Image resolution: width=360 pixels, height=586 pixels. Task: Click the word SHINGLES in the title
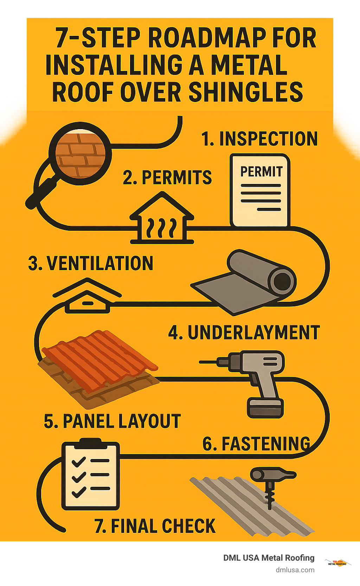tap(246, 92)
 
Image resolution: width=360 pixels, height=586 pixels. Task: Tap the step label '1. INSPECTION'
tap(259, 139)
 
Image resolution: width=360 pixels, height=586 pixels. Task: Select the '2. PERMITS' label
tap(167, 177)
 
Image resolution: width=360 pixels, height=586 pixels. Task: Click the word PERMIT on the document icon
tap(261, 172)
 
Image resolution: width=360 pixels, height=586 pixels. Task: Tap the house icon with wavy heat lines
tap(162, 220)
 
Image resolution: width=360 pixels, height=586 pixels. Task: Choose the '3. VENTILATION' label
tap(91, 263)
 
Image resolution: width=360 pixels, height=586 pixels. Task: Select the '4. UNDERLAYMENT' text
tap(244, 333)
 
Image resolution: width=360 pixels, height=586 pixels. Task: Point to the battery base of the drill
tap(265, 408)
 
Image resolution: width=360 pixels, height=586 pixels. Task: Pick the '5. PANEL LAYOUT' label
tap(112, 421)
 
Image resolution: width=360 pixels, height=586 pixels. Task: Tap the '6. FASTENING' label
tap(256, 444)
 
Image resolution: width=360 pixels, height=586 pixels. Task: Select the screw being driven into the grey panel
tap(270, 494)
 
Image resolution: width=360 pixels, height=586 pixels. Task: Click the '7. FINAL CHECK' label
tap(155, 526)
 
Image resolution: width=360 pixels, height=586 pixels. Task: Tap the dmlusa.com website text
tap(295, 570)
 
